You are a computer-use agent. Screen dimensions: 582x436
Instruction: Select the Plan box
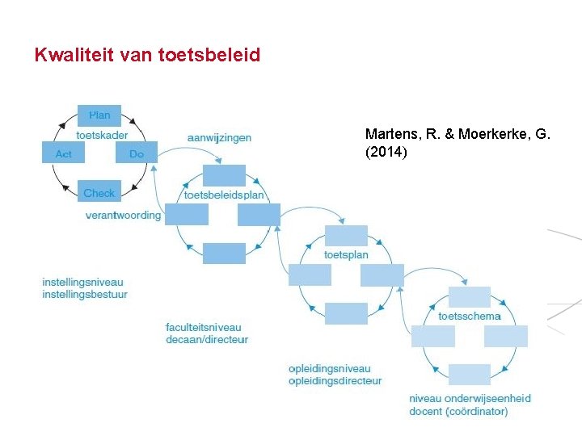click(x=99, y=115)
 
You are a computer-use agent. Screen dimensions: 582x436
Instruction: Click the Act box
click(x=63, y=153)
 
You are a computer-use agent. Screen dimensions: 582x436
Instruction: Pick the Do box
click(x=136, y=153)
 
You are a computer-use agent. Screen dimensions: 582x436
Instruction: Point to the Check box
click(x=99, y=192)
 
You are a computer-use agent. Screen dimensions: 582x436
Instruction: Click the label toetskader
click(x=102, y=135)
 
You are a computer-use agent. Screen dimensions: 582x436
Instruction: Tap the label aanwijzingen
click(x=219, y=137)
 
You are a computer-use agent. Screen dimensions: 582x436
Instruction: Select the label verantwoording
click(x=123, y=216)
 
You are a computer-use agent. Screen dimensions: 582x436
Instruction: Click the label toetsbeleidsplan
click(x=224, y=195)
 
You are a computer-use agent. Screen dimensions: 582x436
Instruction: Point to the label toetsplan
click(x=346, y=255)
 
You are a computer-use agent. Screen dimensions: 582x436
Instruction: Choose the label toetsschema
click(x=470, y=316)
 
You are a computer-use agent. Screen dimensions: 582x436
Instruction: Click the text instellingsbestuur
click(x=85, y=295)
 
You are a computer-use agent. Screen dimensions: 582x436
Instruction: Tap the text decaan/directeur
click(x=207, y=340)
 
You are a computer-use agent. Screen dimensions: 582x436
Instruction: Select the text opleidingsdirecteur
click(x=335, y=381)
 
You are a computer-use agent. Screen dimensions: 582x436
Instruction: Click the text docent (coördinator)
click(x=458, y=412)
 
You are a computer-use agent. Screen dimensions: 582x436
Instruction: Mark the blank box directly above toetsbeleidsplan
click(x=224, y=175)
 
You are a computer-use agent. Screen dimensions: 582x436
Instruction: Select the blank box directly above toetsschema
click(x=470, y=296)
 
